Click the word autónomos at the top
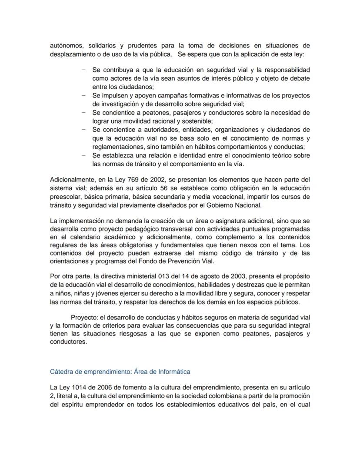65,46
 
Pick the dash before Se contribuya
83,70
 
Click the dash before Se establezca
83,155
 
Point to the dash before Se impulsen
83,95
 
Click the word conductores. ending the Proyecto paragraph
68,342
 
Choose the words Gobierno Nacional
239,205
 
